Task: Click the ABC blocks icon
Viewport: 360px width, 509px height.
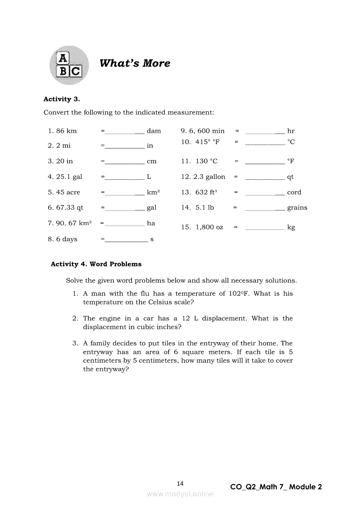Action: coord(69,65)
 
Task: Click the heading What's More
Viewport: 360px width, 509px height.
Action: coord(135,63)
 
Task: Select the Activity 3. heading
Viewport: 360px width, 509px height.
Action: coord(61,99)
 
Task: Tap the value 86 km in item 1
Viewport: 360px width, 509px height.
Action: coord(66,131)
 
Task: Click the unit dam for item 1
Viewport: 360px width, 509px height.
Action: coord(154,131)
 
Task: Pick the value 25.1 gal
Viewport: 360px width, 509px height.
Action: coord(69,177)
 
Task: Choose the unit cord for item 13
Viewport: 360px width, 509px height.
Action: coord(294,192)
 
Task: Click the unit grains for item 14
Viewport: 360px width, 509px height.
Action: coord(297,208)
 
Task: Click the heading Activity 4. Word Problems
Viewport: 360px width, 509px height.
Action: coord(96,264)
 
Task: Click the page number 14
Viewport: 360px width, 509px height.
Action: coord(180,483)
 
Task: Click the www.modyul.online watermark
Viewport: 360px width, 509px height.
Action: coord(180,494)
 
